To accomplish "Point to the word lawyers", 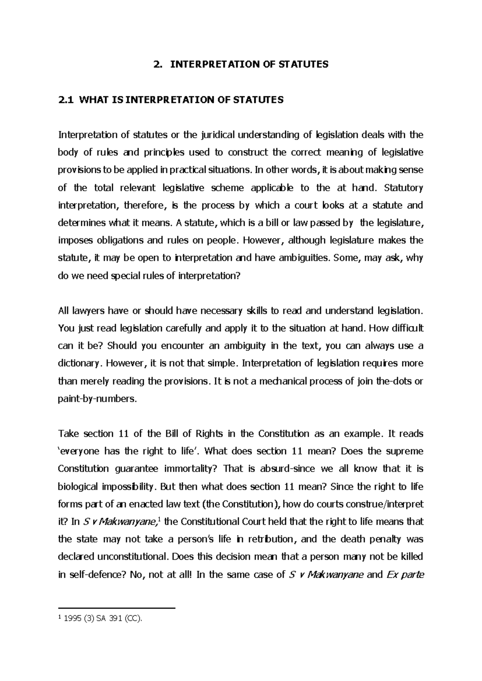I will click(88, 311).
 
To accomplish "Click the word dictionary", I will click(78, 364).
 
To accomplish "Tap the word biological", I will click(78, 487).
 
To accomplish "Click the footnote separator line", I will click(117, 609).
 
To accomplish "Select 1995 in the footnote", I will click(74, 620).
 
